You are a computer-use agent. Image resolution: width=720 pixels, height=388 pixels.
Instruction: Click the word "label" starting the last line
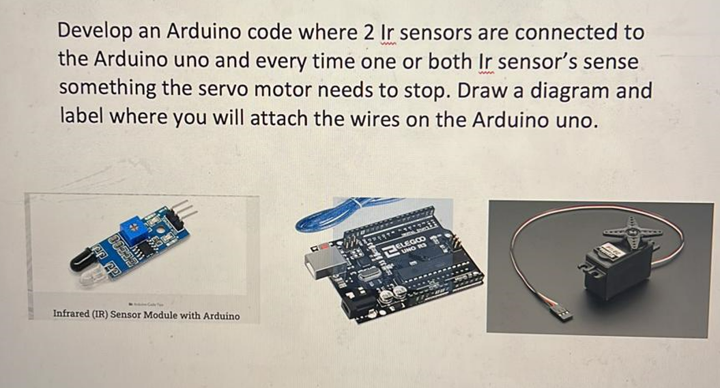coord(79,119)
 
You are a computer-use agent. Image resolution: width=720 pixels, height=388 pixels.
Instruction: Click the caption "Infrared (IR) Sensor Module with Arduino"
coord(146,316)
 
